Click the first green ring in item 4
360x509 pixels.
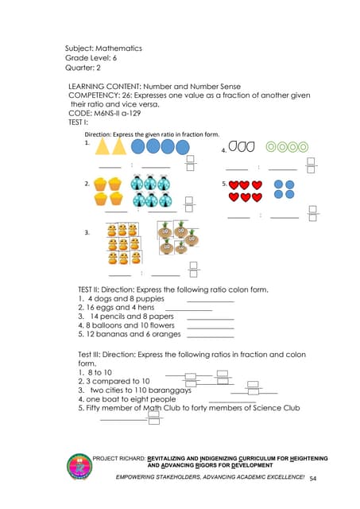272,147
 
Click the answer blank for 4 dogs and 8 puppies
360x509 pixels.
210,299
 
